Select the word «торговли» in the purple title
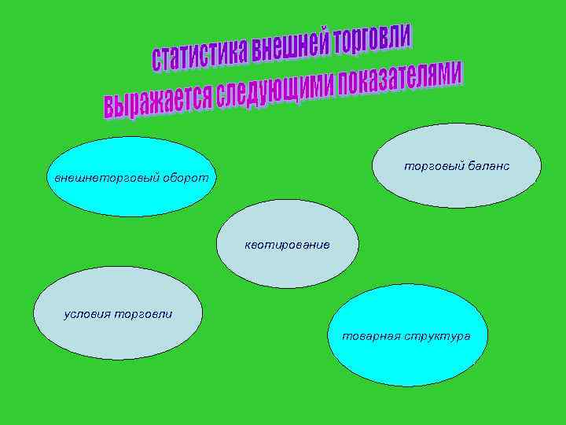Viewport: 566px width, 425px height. [373, 39]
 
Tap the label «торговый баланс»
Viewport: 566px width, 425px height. [457, 166]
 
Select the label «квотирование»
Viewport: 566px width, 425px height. [287, 245]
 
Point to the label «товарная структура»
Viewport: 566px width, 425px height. [406, 336]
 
